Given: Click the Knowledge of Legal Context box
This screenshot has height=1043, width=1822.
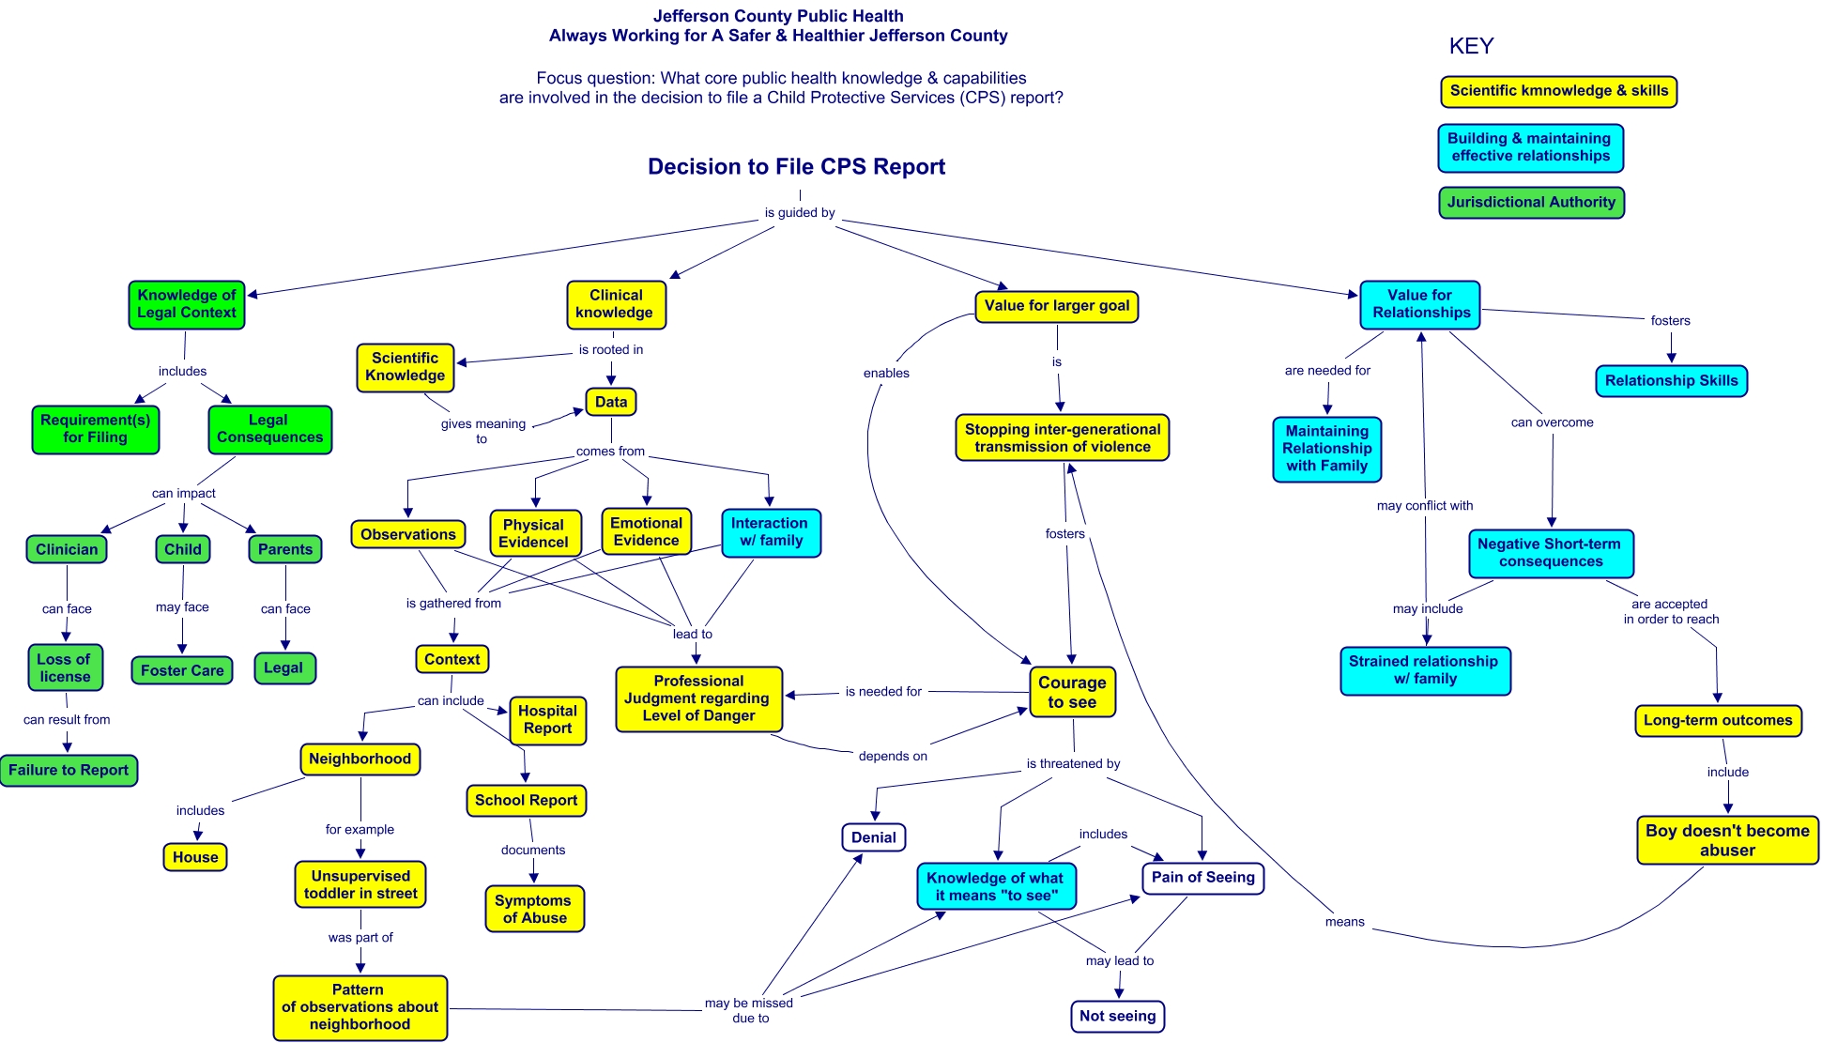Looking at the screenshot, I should (187, 304).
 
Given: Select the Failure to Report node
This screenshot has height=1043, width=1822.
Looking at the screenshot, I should (69, 771).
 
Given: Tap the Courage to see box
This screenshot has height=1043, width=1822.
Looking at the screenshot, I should (1071, 693).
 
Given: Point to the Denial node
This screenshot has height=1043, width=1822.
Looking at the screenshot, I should (873, 837).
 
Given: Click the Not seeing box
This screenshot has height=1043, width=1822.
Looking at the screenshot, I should (1117, 1016).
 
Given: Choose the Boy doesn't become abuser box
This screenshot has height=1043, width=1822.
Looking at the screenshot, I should (1726, 840).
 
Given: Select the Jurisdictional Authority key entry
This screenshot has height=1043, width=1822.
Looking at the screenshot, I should (1530, 203).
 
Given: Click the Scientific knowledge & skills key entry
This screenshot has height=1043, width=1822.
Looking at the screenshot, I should (1558, 91).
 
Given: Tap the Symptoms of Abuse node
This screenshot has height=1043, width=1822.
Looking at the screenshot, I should (534, 909).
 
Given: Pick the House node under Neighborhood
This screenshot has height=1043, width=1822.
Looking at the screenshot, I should (195, 857).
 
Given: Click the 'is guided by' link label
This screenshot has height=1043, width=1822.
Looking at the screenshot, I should (799, 213).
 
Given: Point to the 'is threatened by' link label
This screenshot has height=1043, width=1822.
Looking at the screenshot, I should (1073, 764).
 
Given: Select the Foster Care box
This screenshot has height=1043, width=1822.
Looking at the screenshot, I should (182, 670).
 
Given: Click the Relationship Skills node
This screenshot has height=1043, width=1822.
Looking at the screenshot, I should (1671, 381).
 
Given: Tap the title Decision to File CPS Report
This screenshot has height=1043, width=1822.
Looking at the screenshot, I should (796, 167).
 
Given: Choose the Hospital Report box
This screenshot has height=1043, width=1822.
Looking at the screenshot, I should (547, 720).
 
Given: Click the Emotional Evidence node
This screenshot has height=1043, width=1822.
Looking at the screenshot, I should (646, 531).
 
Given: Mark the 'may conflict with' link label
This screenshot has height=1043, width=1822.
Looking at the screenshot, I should (1424, 506).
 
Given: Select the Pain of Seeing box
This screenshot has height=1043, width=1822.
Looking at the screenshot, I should (1202, 878).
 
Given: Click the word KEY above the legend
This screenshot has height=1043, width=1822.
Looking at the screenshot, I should (1471, 47).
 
